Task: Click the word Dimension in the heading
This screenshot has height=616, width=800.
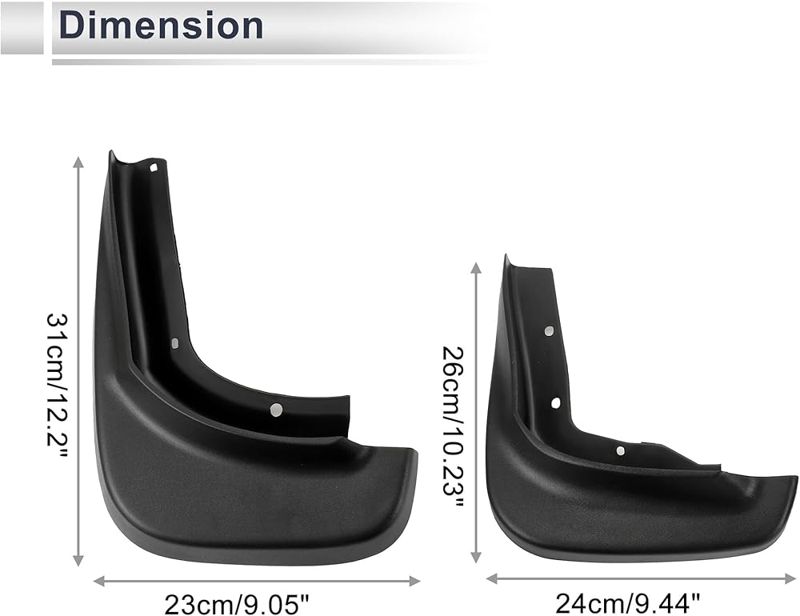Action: click(x=162, y=26)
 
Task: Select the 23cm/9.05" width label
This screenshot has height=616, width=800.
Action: click(x=237, y=606)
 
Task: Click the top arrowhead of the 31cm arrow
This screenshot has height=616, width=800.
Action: click(x=78, y=162)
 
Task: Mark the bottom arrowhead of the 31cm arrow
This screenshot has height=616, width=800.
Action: click(x=78, y=560)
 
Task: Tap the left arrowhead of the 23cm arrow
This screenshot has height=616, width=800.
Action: click(x=99, y=581)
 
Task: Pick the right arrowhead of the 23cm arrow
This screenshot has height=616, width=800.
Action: click(x=414, y=581)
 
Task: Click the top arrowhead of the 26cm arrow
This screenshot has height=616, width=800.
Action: click(x=476, y=269)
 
